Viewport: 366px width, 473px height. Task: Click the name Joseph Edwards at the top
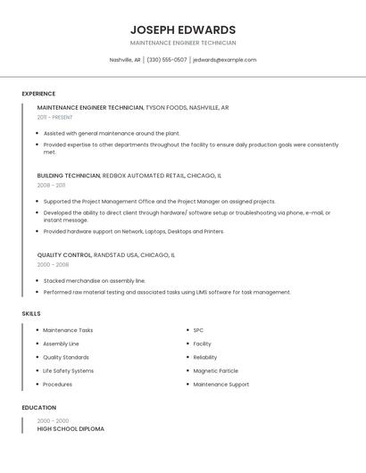[183, 29]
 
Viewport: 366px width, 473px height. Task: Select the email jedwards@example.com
[225, 60]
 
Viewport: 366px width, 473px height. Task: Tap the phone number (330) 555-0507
[167, 60]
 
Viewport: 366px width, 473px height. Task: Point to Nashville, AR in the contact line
[125, 60]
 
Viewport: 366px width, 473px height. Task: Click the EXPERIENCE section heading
[38, 94]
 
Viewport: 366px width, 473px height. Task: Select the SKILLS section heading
[31, 314]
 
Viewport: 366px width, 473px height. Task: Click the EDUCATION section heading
[38, 408]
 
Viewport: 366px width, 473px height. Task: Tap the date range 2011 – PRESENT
[54, 117]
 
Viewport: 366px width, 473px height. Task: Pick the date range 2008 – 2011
[51, 186]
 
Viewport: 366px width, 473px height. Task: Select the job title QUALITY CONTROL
[62, 255]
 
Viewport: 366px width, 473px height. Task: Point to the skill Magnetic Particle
[215, 370]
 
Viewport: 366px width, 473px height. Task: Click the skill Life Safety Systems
[68, 370]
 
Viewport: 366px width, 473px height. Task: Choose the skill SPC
[198, 330]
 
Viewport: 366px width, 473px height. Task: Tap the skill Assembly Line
[61, 344]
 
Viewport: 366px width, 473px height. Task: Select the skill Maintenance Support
[220, 385]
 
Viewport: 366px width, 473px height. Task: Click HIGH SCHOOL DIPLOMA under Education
[71, 429]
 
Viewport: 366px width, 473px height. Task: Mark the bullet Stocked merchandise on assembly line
[95, 280]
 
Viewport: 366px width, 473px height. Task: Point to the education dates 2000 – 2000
[52, 420]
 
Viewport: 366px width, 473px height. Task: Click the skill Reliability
[205, 357]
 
